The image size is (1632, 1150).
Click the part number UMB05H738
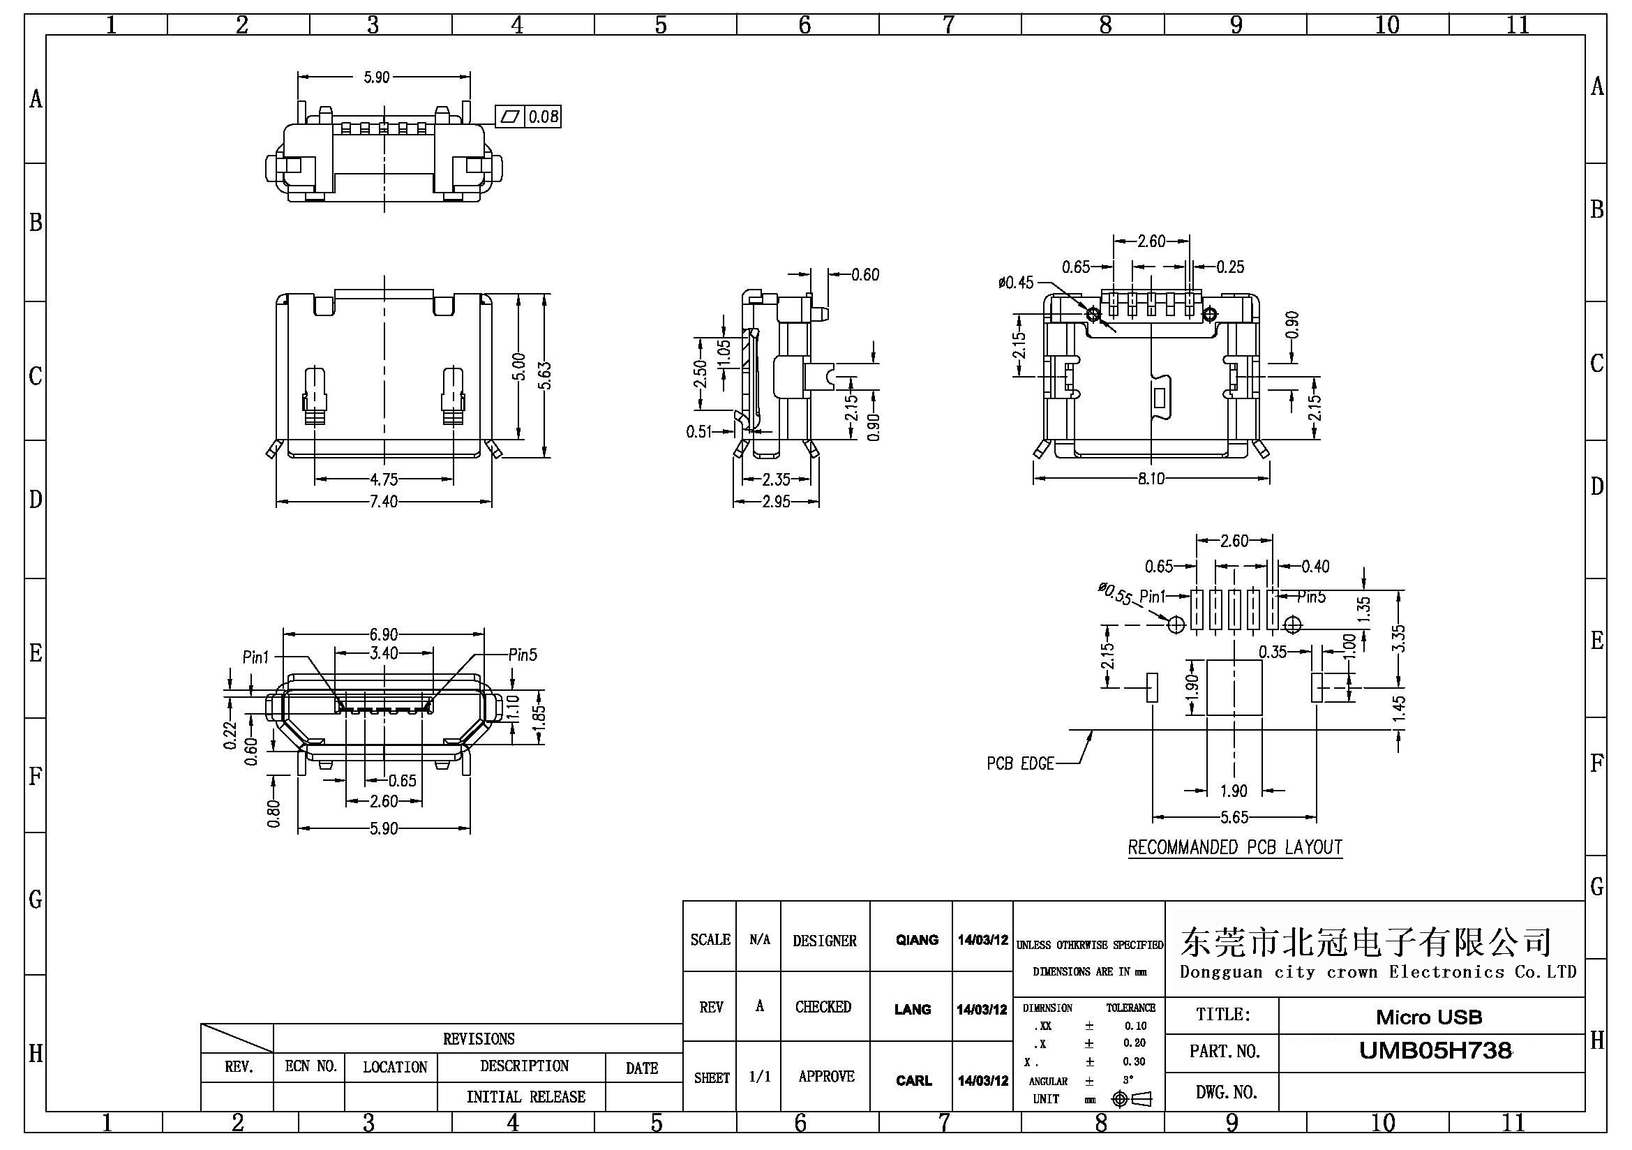pyautogui.click(x=1435, y=1050)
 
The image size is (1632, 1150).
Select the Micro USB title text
pyautogui.click(x=1429, y=1017)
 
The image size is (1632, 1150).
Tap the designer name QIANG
pyautogui.click(x=916, y=940)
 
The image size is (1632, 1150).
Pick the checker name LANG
pyautogui.click(x=912, y=1009)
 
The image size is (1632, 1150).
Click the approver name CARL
pyautogui.click(x=913, y=1080)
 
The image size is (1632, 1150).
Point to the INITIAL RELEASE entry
pyautogui.click(x=525, y=1097)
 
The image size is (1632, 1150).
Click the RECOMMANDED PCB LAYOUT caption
pyautogui.click(x=1235, y=847)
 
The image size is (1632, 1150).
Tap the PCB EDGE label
pyautogui.click(x=1019, y=763)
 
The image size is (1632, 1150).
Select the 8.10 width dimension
pyautogui.click(x=1150, y=478)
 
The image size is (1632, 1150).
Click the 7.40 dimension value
pyautogui.click(x=383, y=502)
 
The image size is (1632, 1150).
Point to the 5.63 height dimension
pyautogui.click(x=545, y=375)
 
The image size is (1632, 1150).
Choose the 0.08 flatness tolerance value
pyautogui.click(x=543, y=116)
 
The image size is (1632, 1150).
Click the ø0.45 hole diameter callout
pyautogui.click(x=1016, y=283)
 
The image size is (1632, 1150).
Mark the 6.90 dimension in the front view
pyautogui.click(x=383, y=634)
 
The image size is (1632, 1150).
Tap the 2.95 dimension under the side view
pyautogui.click(x=775, y=502)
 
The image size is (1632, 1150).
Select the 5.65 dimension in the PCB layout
pyautogui.click(x=1234, y=816)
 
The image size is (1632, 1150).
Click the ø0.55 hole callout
pyautogui.click(x=1114, y=592)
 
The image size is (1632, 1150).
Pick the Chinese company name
pyautogui.click(x=1365, y=942)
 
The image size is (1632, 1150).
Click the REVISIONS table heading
pyautogui.click(x=479, y=1038)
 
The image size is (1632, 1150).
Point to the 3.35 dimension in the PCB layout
pyautogui.click(x=1398, y=639)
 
